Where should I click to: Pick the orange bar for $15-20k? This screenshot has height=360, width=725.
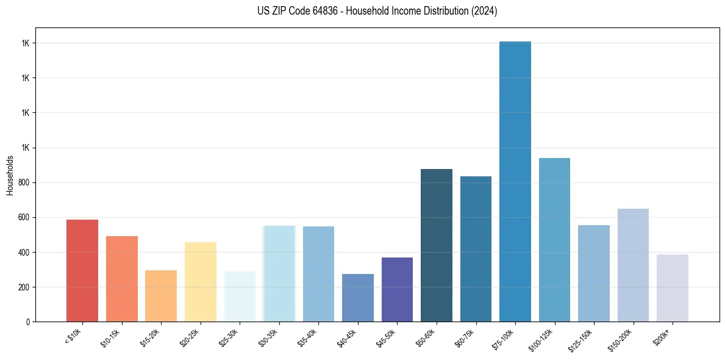[161, 296]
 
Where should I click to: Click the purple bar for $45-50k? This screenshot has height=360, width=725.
[397, 289]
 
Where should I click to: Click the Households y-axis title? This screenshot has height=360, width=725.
[10, 175]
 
